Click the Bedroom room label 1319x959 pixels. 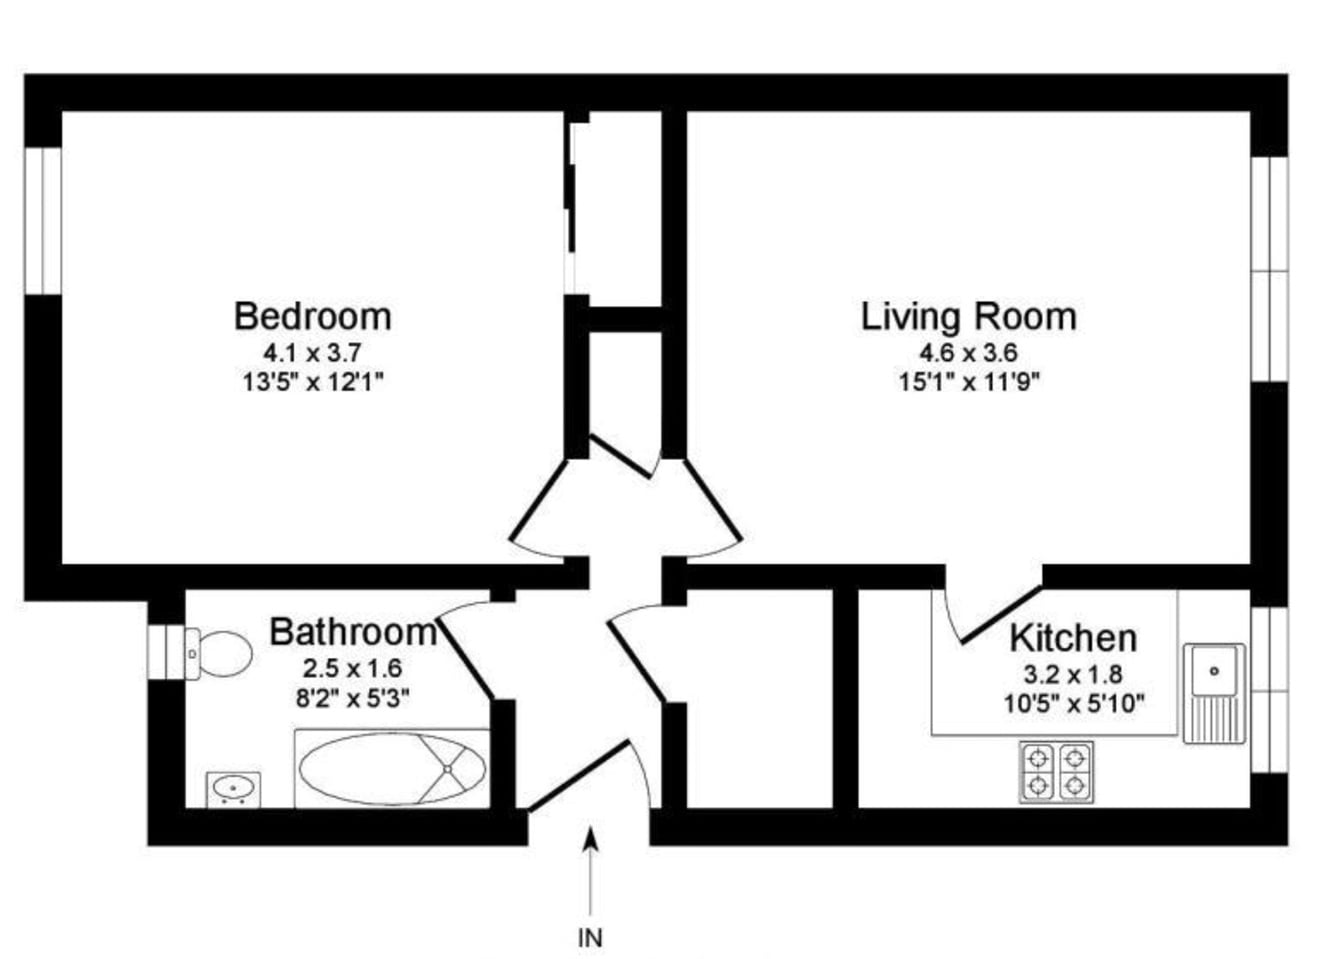[x=312, y=316]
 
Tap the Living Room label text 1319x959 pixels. [x=968, y=316]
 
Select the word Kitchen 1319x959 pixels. [x=1072, y=637]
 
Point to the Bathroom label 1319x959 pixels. [x=352, y=632]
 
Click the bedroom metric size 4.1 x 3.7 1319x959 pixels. [x=312, y=352]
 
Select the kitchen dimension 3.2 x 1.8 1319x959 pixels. [x=1072, y=673]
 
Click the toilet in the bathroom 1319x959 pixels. [x=218, y=654]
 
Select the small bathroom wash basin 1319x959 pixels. [x=233, y=789]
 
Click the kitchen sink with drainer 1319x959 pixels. [x=1214, y=692]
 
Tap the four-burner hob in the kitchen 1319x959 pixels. [x=1056, y=771]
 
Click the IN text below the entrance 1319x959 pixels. [x=591, y=938]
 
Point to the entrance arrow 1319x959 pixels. [x=591, y=870]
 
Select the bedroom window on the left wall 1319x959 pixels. [x=43, y=220]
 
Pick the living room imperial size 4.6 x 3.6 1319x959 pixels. [x=968, y=352]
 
